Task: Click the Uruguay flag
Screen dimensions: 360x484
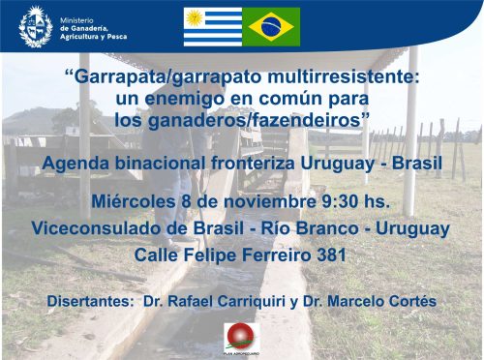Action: coord(213,27)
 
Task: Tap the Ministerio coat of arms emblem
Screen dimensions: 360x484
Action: coord(35,26)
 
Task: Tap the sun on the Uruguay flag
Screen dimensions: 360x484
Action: coord(195,17)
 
